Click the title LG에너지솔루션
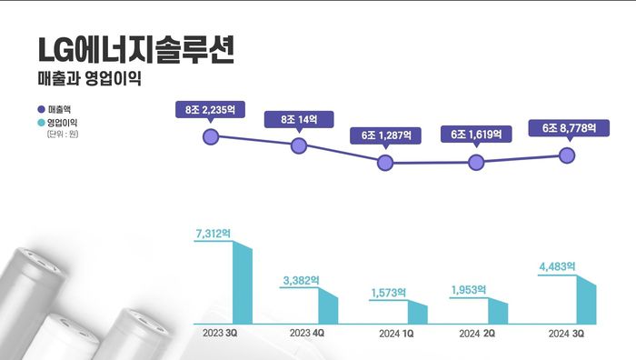(x=134, y=50)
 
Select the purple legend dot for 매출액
(x=41, y=110)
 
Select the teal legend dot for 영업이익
(x=41, y=122)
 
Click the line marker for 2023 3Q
(x=211, y=137)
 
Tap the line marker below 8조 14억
(x=299, y=145)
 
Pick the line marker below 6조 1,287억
(x=385, y=164)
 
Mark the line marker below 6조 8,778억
(x=568, y=155)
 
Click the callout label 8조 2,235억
(x=210, y=110)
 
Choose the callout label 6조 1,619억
(x=476, y=134)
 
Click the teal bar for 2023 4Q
(x=327, y=306)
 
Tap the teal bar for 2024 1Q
(x=416, y=312)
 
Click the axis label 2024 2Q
(x=477, y=335)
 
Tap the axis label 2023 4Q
(x=306, y=335)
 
